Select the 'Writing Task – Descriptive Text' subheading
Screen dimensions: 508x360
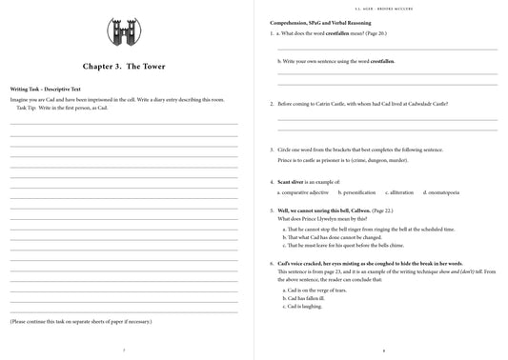click(x=46, y=88)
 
